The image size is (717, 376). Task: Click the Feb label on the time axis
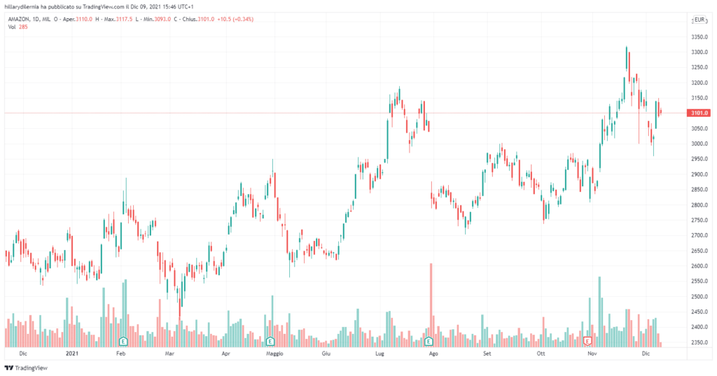click(120, 354)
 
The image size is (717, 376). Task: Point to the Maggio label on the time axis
click(274, 354)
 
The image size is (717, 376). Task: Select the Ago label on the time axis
click(433, 354)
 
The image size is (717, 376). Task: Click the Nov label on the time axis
click(592, 354)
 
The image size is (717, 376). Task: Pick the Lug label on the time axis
click(380, 354)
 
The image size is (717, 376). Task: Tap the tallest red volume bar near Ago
click(431, 305)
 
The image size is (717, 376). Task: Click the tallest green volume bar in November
click(599, 312)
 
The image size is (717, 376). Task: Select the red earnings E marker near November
click(588, 341)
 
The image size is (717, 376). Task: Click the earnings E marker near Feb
click(123, 341)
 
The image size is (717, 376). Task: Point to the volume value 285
click(22, 27)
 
